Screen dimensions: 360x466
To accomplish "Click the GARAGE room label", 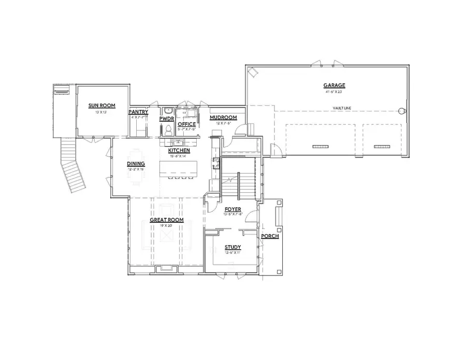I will tap(334, 85).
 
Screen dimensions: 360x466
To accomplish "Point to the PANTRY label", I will tap(139, 112).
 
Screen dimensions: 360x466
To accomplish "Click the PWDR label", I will tap(166, 119).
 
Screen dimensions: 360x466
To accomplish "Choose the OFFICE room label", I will tap(186, 124).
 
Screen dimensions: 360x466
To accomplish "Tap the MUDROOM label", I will tap(223, 118).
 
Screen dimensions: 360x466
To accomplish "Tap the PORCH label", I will tap(270, 236).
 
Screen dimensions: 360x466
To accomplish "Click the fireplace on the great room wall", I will tap(167, 268).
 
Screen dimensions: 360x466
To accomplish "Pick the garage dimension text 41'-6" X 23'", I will tap(334, 92).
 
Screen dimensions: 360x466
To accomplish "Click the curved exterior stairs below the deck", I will tap(72, 166).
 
